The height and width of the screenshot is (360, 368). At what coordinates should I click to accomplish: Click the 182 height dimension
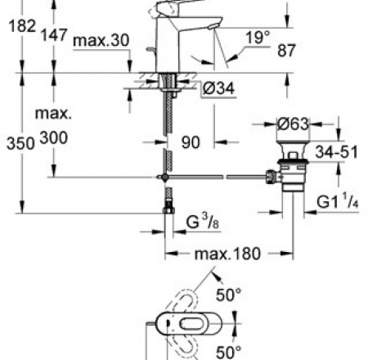tap(22, 26)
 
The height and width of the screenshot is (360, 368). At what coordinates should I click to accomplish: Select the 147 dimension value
tap(54, 35)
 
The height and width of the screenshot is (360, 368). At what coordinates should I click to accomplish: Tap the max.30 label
tap(101, 41)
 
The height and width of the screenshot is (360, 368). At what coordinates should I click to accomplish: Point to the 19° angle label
tap(258, 38)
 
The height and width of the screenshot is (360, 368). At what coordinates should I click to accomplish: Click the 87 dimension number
tap(286, 51)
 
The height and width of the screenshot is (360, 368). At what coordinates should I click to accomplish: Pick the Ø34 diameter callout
tap(218, 88)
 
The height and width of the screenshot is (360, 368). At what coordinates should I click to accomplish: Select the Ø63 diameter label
tap(294, 124)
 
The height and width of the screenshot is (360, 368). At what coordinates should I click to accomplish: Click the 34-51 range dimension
tap(337, 151)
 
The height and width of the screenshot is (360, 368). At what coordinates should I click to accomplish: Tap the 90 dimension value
tap(191, 142)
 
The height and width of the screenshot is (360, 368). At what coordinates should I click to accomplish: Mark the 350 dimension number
tap(20, 143)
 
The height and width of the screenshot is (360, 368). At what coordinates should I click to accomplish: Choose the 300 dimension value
tap(54, 137)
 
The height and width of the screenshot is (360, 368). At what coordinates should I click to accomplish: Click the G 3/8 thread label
tap(203, 221)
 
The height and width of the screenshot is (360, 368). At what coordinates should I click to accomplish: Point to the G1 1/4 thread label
tap(338, 200)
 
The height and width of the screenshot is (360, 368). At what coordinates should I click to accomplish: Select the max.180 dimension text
tap(227, 254)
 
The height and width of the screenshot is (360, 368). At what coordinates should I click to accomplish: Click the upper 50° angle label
tap(228, 295)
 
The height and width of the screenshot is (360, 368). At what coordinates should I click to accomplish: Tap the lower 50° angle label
tap(228, 352)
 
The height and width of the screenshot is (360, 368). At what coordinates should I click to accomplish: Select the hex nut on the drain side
tap(271, 177)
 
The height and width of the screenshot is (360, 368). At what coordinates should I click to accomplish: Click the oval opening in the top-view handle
tap(191, 324)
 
